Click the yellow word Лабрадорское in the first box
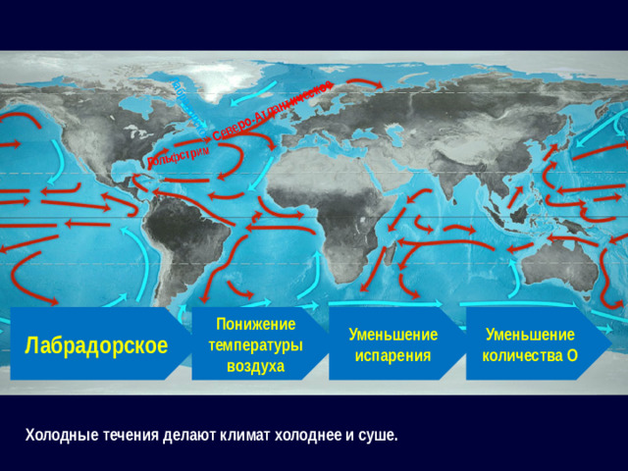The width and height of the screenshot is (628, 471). click(96, 345)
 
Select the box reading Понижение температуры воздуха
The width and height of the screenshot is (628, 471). click(255, 344)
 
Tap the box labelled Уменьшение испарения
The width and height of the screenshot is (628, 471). click(392, 344)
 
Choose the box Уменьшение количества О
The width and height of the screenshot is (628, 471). click(530, 344)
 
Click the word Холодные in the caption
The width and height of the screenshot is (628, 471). click(60, 435)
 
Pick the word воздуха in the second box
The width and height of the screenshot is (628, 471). click(255, 366)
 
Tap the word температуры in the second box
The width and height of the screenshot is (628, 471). click(255, 345)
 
